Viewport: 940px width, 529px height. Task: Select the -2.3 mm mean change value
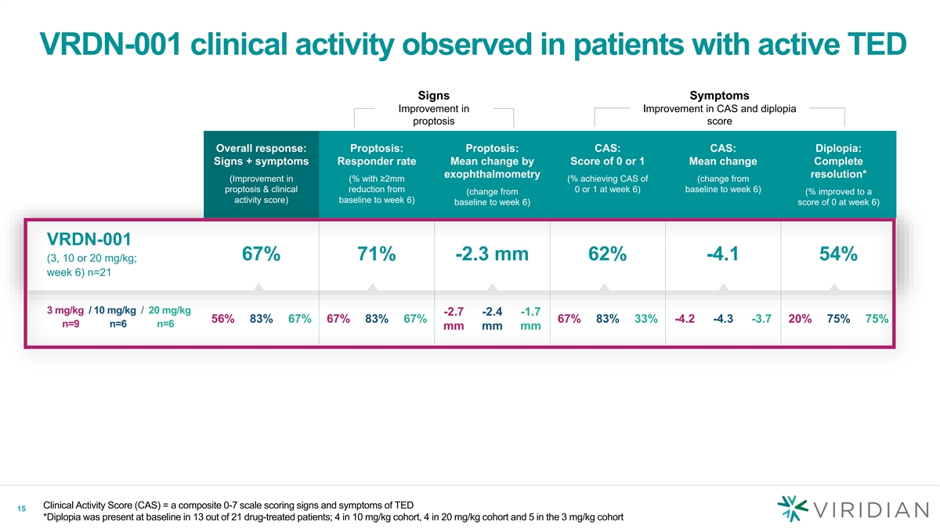[x=491, y=255]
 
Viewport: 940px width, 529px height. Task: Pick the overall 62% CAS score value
[x=607, y=255]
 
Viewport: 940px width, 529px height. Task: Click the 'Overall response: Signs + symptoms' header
[x=261, y=154]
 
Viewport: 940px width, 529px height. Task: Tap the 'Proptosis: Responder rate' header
[x=376, y=154]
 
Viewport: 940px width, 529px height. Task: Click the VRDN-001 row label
[x=89, y=238]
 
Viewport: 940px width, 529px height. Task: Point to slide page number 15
[x=21, y=509]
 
